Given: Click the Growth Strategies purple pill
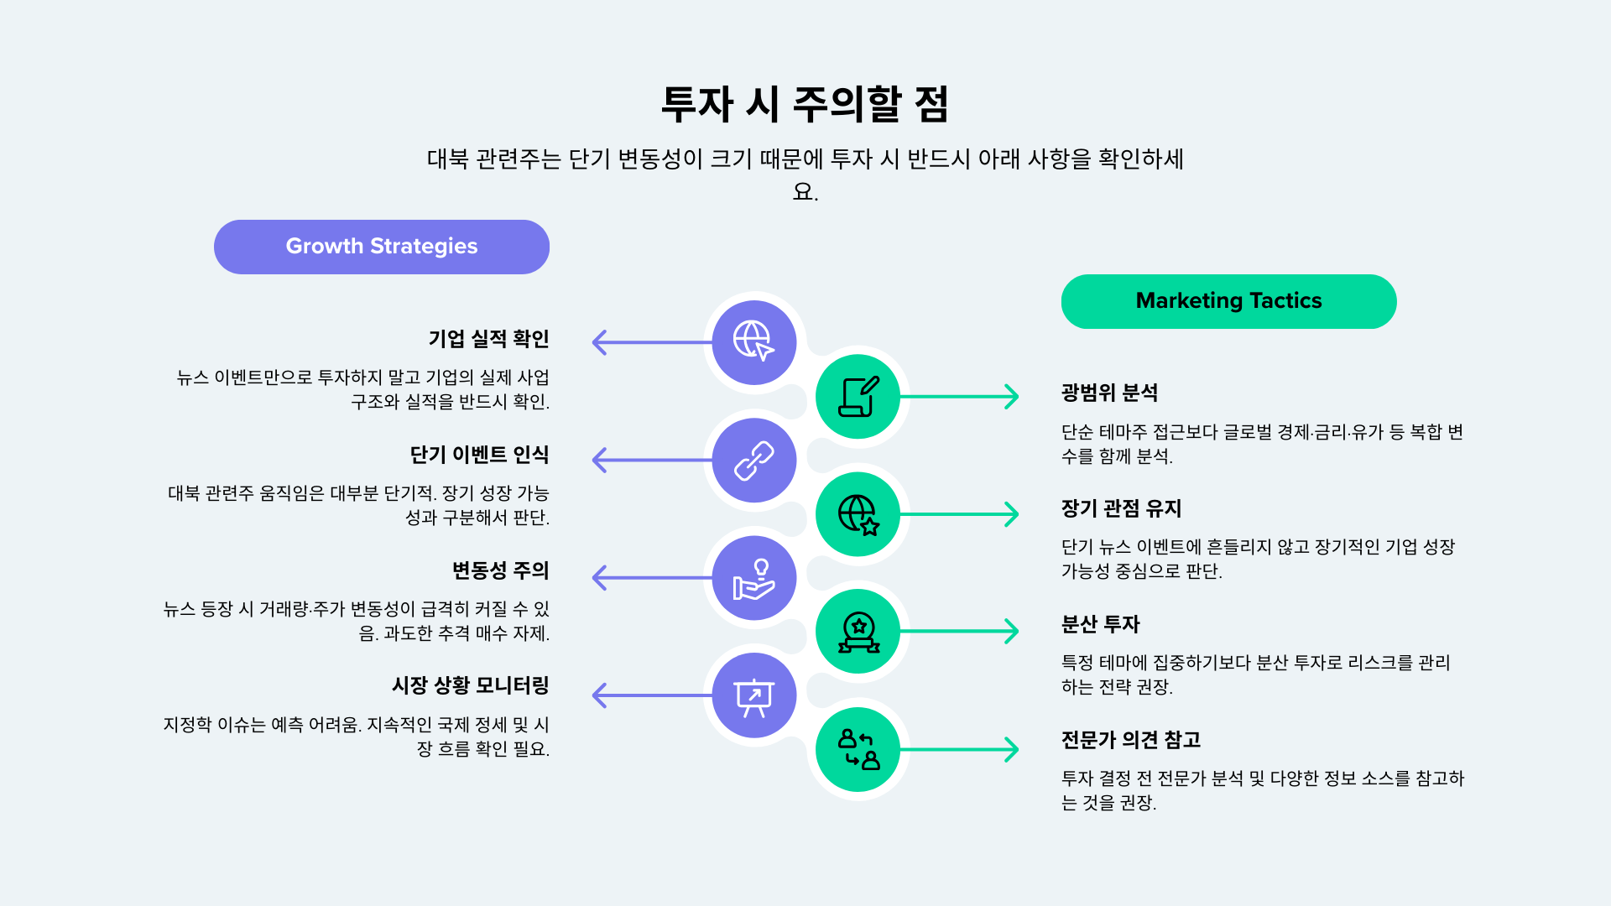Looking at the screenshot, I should click(382, 247).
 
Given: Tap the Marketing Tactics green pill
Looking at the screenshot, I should click(1228, 301).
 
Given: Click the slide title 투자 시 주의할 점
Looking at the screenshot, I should click(805, 104).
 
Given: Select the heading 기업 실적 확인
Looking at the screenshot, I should click(488, 339).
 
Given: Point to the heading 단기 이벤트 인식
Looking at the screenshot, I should click(479, 455).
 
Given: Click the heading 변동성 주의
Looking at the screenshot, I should click(500, 570).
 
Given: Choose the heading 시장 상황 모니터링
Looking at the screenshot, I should click(470, 685).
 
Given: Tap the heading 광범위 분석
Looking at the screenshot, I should click(1109, 393).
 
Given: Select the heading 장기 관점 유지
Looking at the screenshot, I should click(1121, 508).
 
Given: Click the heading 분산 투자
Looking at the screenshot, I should click(1100, 624).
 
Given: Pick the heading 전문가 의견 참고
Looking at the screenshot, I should click(1130, 740).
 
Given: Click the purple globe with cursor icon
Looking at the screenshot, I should click(753, 341).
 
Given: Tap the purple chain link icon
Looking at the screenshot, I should click(753, 460).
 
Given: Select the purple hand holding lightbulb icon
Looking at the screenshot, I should click(753, 578).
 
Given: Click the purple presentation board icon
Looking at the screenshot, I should click(753, 696).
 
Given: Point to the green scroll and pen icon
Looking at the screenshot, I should click(858, 396).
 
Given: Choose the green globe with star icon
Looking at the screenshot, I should click(858, 513).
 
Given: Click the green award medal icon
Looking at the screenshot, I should click(858, 632).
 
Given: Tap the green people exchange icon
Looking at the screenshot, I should click(858, 749).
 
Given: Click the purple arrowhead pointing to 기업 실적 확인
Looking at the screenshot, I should click(599, 342).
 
